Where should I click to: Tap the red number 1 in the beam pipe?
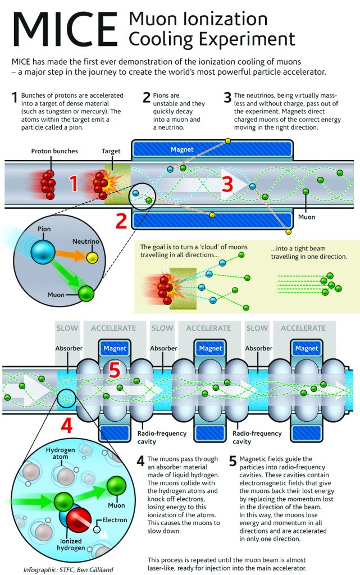pyautogui.click(x=73, y=182)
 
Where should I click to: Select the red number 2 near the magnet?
pyautogui.click(x=121, y=221)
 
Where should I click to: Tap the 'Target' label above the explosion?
pyautogui.click(x=111, y=152)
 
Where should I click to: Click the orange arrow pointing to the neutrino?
pyautogui.click(x=67, y=253)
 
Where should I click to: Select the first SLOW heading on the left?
pyautogui.click(x=67, y=328)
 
